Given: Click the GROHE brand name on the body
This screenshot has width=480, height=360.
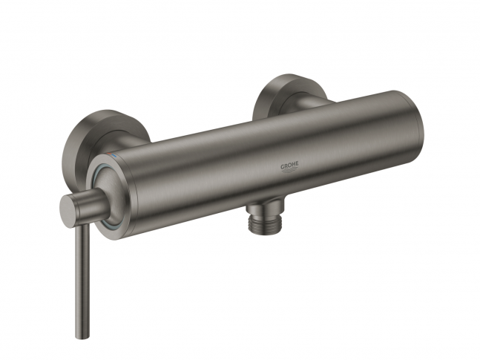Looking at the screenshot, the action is pyautogui.click(x=289, y=166).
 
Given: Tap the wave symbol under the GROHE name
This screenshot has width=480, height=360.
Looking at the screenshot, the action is pyautogui.click(x=289, y=170).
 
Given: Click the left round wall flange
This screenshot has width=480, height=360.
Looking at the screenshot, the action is pyautogui.click(x=79, y=144).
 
